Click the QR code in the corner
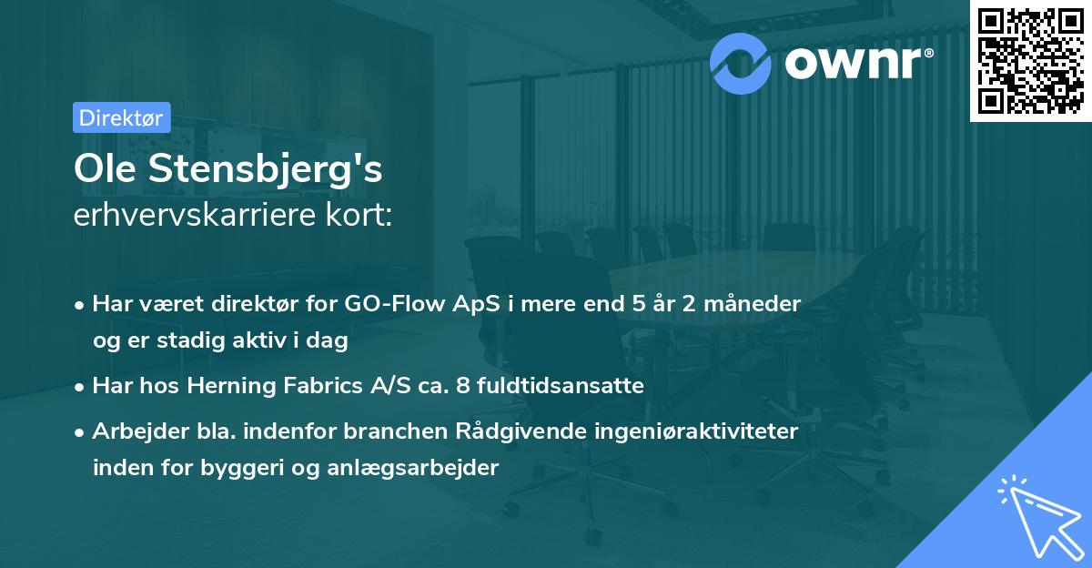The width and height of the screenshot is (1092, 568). (x=1031, y=60)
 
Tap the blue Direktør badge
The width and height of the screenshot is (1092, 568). (x=120, y=117)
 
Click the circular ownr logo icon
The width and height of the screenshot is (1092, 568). (x=741, y=61)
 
